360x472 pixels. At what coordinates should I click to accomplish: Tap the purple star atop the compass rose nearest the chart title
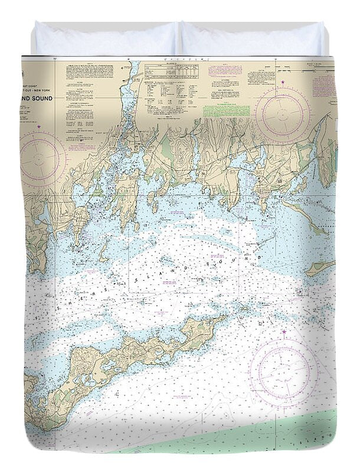39,126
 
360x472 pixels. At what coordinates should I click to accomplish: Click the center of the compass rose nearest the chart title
42,158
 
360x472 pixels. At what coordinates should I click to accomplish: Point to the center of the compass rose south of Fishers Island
283,371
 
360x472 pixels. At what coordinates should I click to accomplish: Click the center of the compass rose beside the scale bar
283,114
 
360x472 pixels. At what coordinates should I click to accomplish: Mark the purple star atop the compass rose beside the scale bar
283,82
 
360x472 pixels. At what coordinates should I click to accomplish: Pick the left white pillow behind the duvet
106,39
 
